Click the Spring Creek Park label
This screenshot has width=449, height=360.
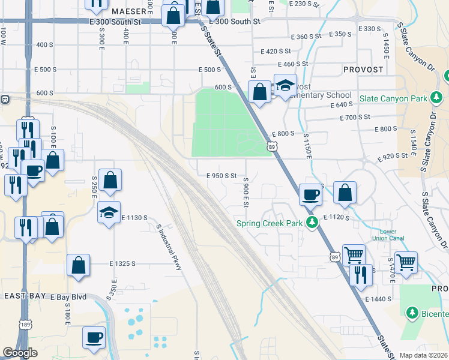270,223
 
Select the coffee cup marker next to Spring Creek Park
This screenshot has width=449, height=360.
310,195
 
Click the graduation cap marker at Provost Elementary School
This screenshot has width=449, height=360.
285,86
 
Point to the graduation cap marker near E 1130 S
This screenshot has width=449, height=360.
109,213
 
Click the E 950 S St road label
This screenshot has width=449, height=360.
221,176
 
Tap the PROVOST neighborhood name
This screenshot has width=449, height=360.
363,70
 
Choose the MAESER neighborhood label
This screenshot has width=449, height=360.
128,11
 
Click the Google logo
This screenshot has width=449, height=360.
19,353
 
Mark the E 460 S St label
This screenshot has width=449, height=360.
293,64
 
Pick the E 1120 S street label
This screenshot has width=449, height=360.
336,217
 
